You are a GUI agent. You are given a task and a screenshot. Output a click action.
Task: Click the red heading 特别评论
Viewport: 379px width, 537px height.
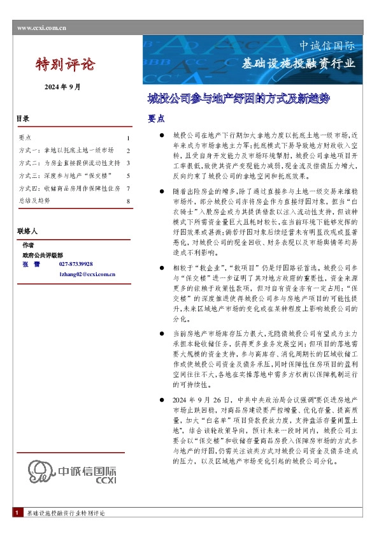(64, 64)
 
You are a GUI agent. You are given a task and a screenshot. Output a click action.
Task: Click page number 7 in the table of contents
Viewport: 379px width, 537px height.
(128, 188)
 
